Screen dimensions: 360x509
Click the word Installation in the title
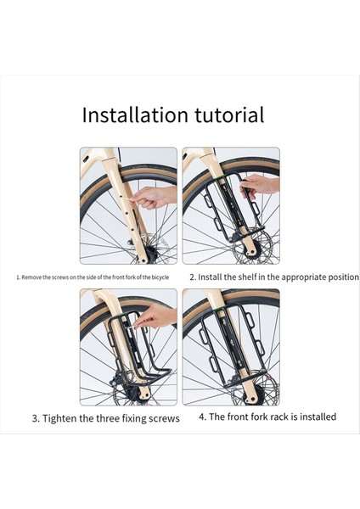(135, 115)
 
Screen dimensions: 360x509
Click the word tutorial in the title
(229, 115)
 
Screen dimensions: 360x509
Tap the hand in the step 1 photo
(155, 197)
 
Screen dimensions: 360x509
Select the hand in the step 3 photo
(156, 316)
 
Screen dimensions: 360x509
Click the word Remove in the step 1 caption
(31, 277)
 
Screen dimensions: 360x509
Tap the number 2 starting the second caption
(193, 277)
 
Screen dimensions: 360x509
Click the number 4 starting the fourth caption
(202, 417)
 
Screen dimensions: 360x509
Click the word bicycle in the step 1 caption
(160, 277)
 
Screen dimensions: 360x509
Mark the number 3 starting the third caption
(36, 418)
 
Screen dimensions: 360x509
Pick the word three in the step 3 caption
(108, 418)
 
